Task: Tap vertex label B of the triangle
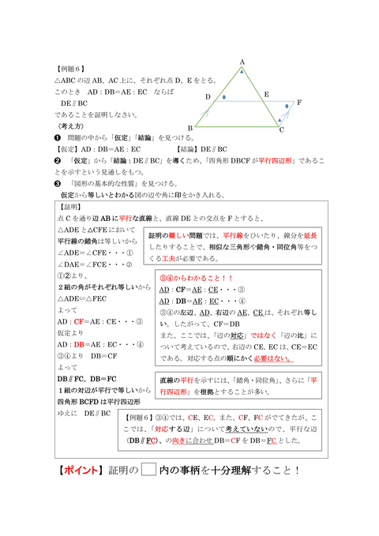click(190, 127)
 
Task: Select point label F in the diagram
click(298, 103)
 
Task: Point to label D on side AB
click(208, 97)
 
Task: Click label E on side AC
click(266, 94)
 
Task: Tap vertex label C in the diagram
click(282, 129)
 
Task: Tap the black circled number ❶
click(58, 137)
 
